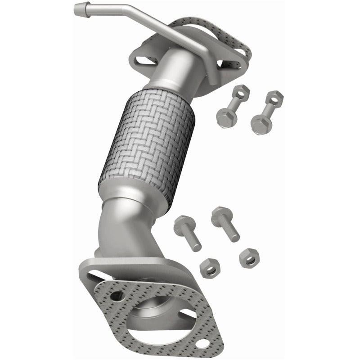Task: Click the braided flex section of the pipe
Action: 146,144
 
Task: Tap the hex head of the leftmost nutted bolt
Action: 224,117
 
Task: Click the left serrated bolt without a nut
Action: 189,232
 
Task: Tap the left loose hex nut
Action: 210,268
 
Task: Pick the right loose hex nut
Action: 249,258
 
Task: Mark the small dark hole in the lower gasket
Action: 117,296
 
